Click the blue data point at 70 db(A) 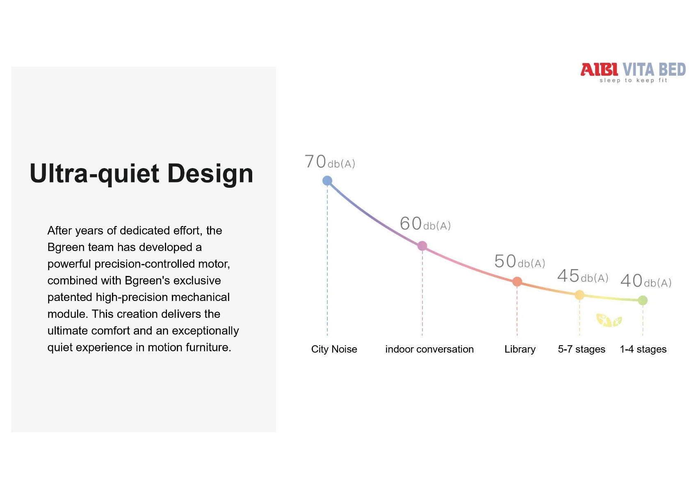(327, 180)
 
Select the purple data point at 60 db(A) (422, 246)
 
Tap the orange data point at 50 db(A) (517, 281)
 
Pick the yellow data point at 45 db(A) (580, 295)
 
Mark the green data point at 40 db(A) (643, 300)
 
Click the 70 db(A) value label (330, 162)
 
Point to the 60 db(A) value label (425, 223)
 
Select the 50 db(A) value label (520, 261)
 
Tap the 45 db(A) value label (582, 276)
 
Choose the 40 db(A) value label (646, 281)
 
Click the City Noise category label (334, 349)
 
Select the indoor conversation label (429, 349)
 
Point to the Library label (520, 349)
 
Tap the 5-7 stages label (581, 349)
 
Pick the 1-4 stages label (643, 349)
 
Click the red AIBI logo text (599, 69)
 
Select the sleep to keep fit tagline (633, 80)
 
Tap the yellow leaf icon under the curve (609, 320)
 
